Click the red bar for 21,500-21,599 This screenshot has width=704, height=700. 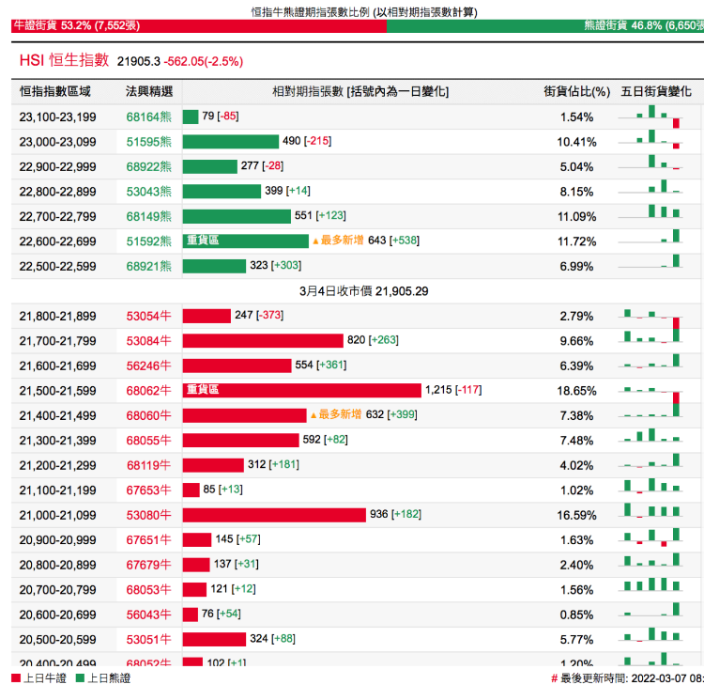click(301, 390)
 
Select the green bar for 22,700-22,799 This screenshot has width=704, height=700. click(237, 216)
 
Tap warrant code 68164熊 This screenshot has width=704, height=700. click(149, 117)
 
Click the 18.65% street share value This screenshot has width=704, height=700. click(576, 390)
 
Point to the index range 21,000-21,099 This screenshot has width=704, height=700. click(57, 515)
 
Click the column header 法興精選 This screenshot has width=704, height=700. click(149, 91)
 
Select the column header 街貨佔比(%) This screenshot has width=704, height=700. click(576, 91)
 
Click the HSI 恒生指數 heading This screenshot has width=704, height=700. click(64, 60)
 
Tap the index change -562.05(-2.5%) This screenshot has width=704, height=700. click(203, 61)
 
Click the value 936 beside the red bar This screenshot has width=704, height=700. click(379, 515)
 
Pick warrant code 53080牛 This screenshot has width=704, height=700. click(149, 515)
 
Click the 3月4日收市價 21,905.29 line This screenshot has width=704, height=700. click(363, 291)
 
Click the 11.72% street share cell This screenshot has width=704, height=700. click(576, 241)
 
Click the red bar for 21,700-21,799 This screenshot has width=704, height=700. click(263, 340)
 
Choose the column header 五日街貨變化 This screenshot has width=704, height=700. click(656, 91)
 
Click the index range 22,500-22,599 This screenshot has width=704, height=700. click(57, 266)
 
